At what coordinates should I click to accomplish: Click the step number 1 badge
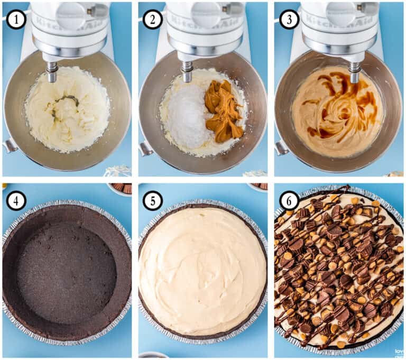16,19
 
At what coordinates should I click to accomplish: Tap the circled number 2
152,19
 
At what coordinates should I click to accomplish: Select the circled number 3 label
288,19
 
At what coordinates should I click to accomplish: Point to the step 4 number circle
16,200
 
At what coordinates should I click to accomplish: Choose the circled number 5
152,200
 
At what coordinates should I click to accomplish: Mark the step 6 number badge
288,200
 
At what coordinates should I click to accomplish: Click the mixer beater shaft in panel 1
52,71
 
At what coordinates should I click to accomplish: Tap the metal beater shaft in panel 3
355,71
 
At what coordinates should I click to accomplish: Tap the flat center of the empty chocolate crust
66,270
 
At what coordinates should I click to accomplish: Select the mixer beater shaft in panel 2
187,71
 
